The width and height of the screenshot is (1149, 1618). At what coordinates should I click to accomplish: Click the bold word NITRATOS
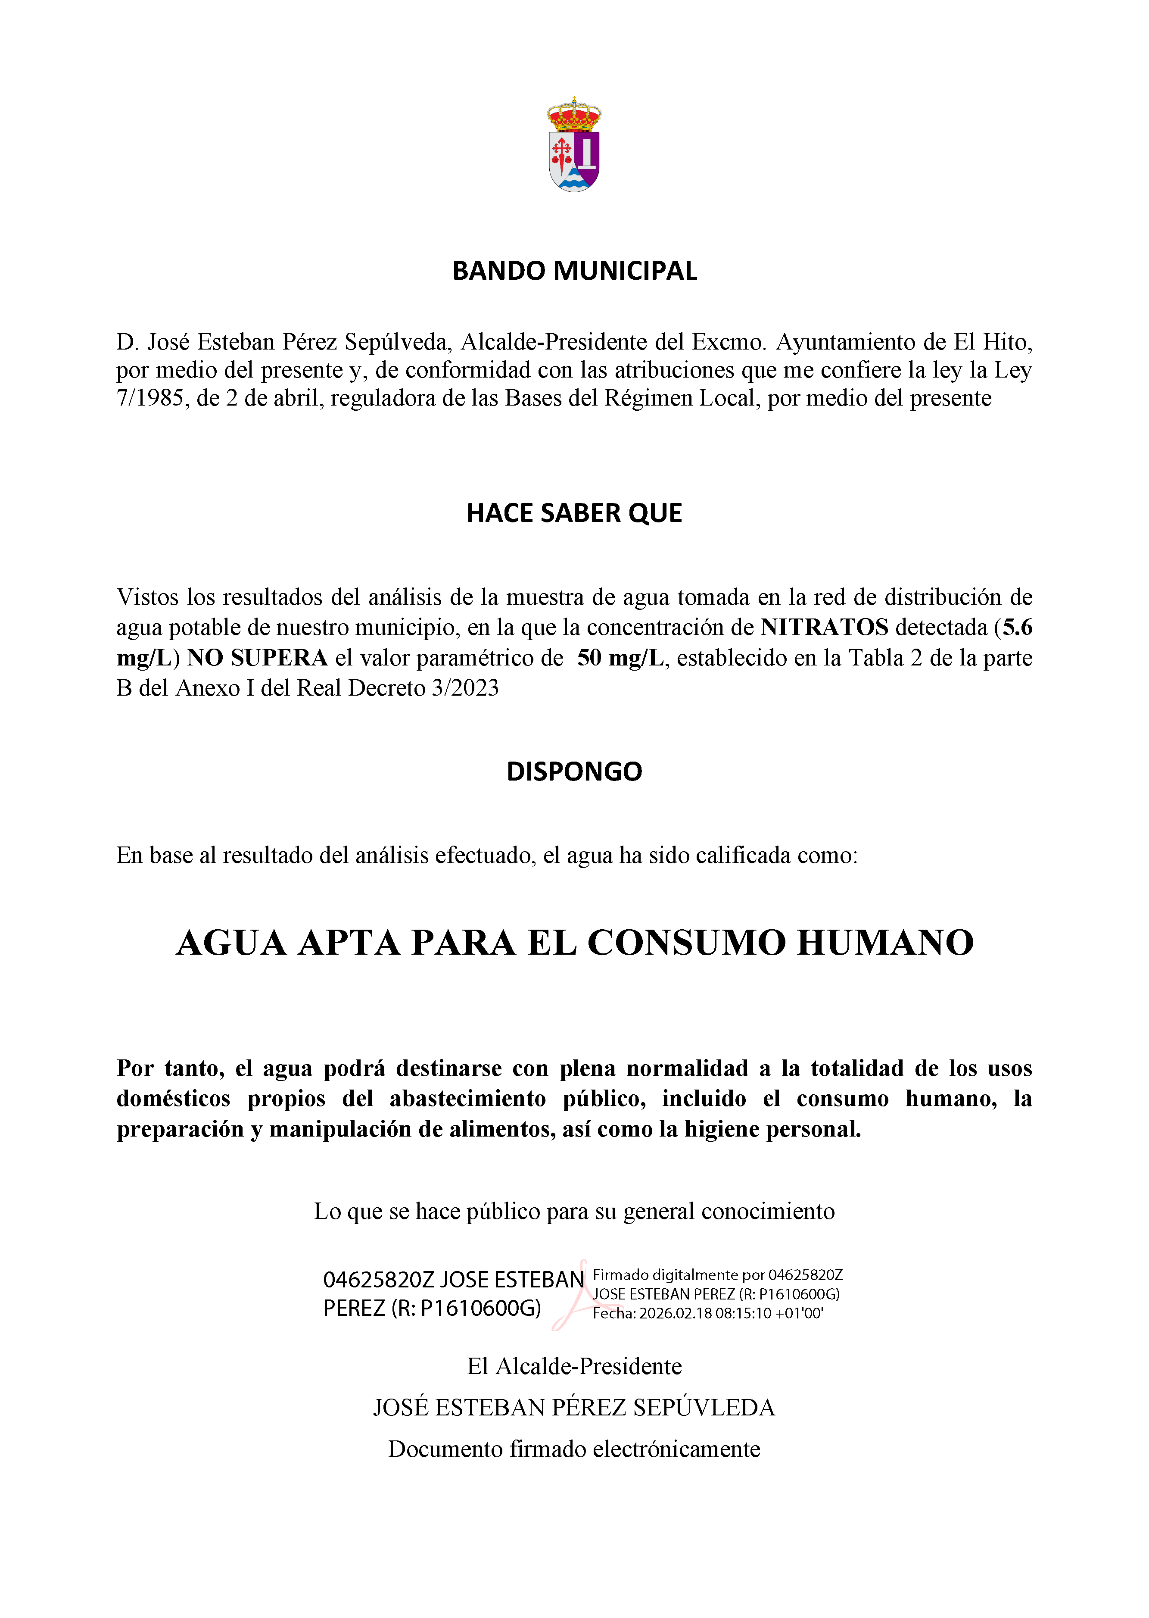(824, 627)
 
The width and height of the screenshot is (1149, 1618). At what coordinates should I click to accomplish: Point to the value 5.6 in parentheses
(1018, 627)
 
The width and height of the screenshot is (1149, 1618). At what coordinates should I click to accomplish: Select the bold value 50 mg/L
(620, 658)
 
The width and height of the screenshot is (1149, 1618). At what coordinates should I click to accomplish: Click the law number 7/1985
(150, 399)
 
